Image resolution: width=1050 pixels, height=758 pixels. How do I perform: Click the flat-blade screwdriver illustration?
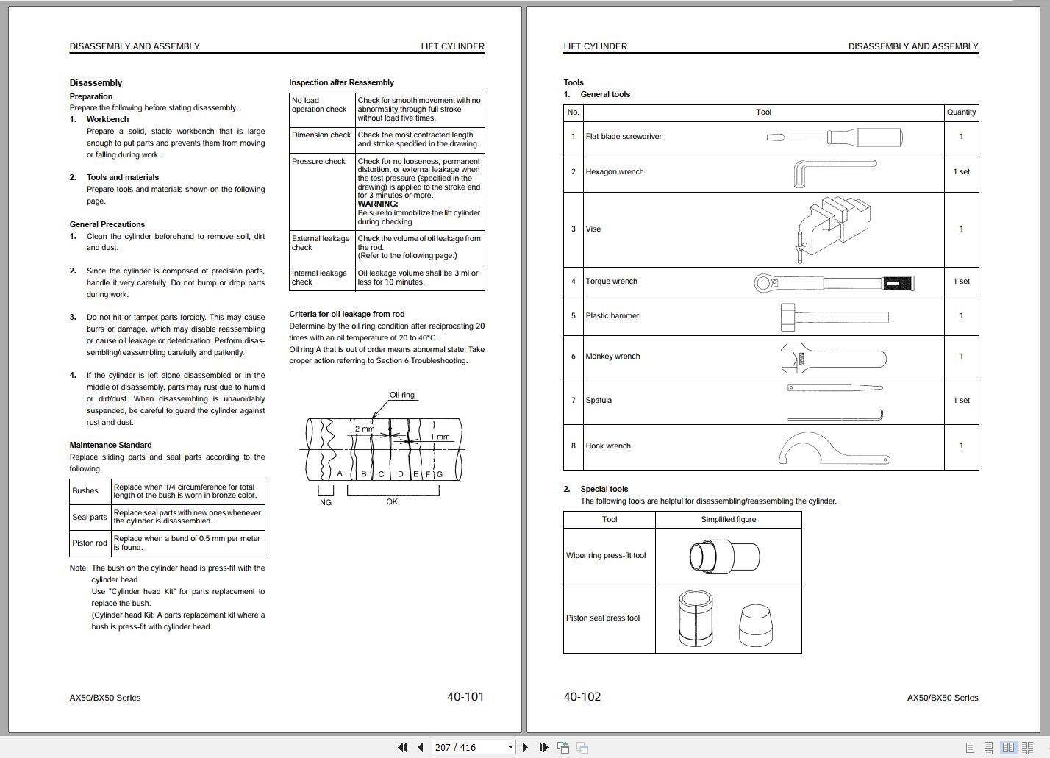point(834,137)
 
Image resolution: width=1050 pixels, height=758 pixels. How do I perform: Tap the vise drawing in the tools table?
point(834,229)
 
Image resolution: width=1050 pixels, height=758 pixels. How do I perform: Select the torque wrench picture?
point(834,282)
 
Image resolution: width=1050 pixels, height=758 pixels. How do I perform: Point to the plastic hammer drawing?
point(834,316)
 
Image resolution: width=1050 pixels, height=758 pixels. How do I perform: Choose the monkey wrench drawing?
point(832,357)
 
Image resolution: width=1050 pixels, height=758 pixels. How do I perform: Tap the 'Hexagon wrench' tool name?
point(614,172)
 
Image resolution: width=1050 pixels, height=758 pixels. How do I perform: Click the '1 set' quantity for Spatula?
point(961,401)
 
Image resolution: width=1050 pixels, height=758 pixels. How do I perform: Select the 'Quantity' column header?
point(961,112)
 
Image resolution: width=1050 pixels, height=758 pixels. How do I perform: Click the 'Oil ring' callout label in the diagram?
point(401,395)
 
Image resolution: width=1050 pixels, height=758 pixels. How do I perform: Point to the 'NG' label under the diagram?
point(325,502)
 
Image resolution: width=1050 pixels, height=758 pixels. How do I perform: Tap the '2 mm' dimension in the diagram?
point(365,429)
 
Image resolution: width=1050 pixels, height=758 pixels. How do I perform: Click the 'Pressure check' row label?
point(318,162)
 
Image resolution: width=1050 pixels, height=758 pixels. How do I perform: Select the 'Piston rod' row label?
point(90,543)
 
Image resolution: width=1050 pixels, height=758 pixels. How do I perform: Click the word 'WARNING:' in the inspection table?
point(377,204)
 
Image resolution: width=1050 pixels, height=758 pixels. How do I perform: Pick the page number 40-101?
point(465,696)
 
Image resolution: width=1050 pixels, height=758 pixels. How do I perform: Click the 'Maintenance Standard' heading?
point(110,445)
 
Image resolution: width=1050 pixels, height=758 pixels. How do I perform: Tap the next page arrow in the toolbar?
point(525,747)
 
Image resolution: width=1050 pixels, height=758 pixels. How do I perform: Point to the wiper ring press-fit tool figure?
point(724,556)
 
